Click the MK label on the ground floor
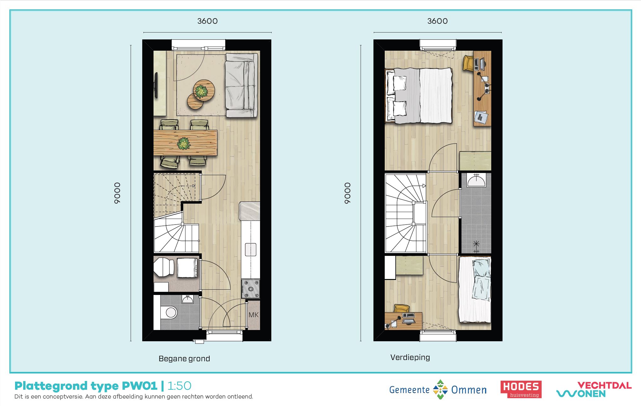point(253,315)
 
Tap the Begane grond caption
point(184,358)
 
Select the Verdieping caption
point(410,357)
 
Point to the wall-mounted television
point(156,85)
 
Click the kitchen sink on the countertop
point(251,250)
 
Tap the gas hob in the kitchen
point(250,289)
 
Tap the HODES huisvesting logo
point(521,389)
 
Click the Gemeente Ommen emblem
point(440,389)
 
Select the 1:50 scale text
point(180,386)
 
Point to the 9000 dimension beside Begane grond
point(117,193)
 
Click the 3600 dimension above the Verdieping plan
point(437,21)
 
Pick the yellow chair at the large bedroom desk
point(468,64)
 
